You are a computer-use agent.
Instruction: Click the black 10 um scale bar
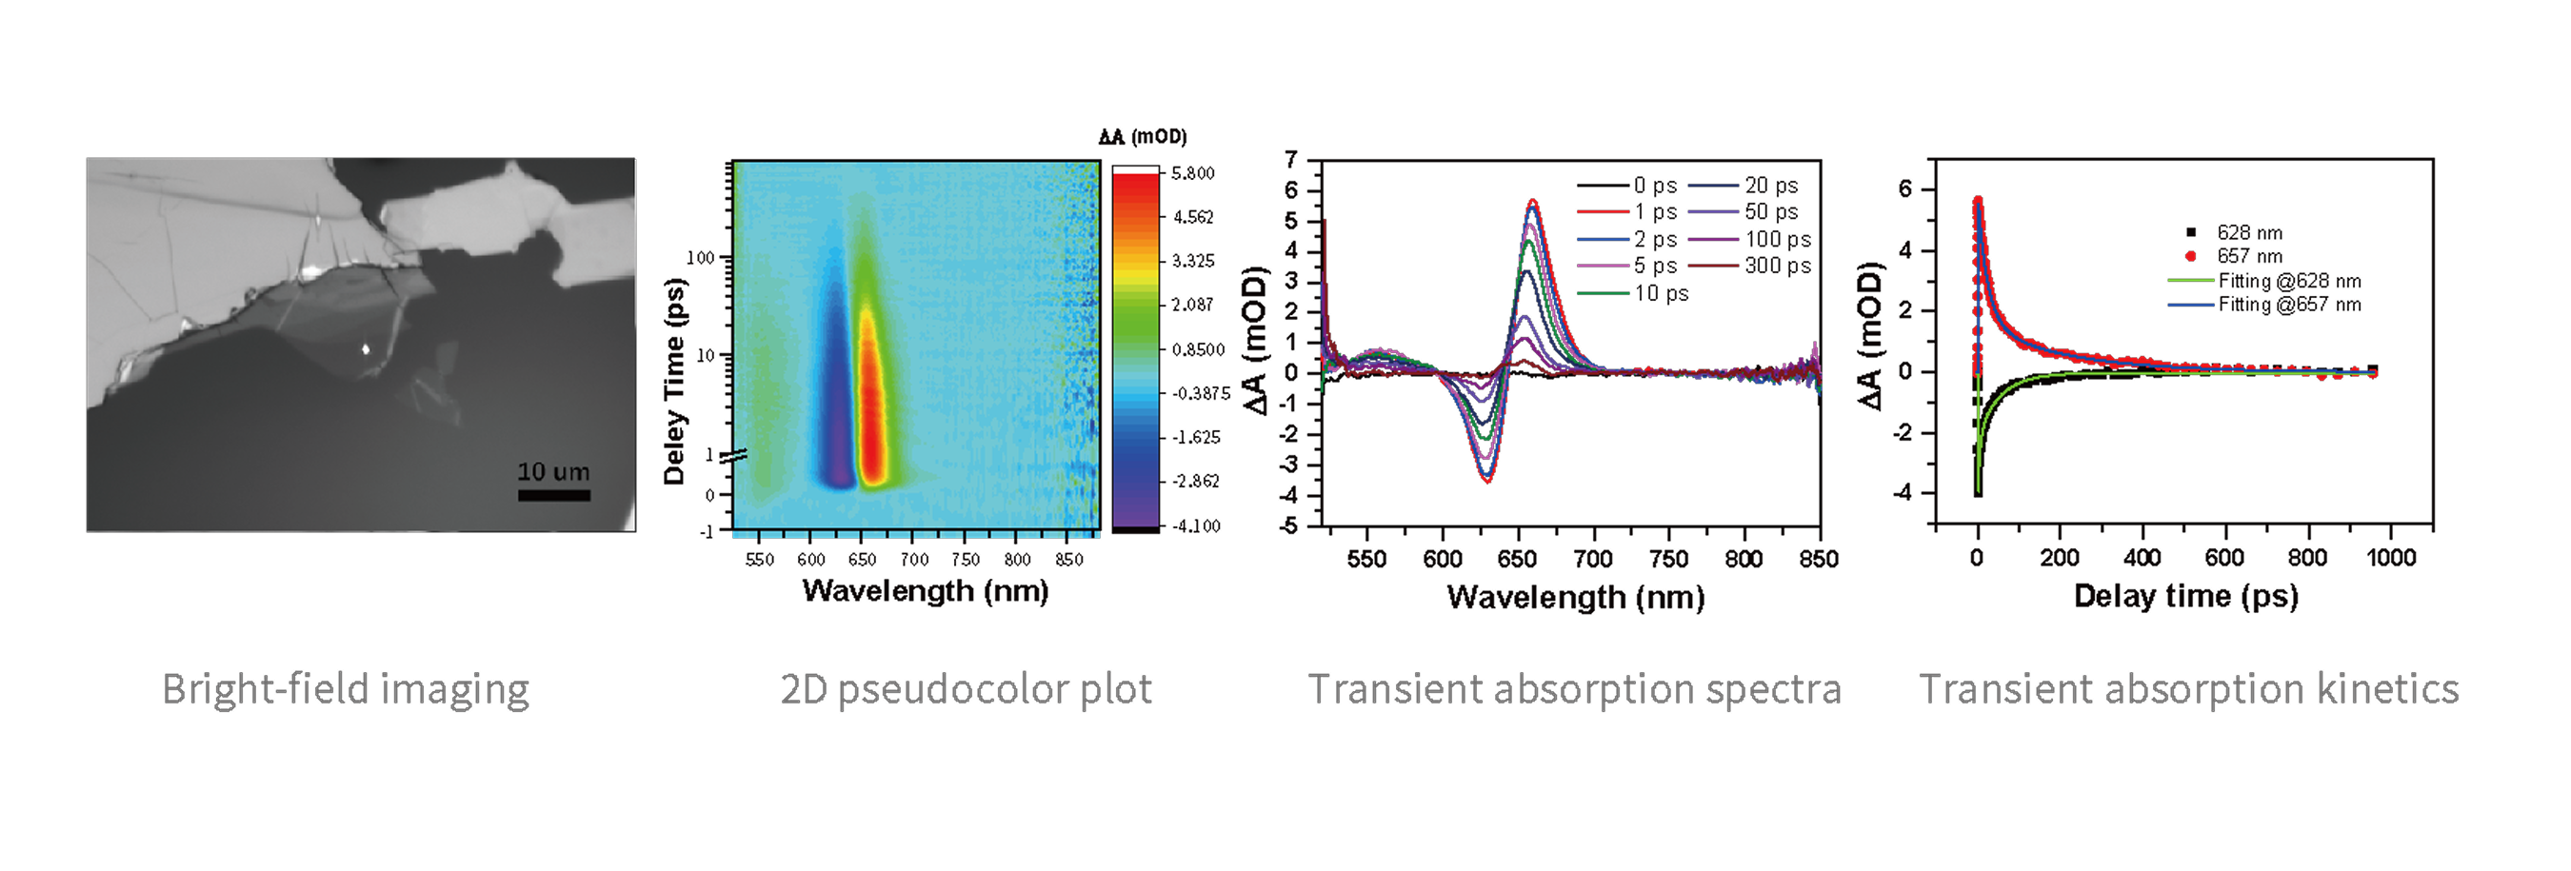pos(554,495)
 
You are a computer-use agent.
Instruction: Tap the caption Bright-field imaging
pos(346,689)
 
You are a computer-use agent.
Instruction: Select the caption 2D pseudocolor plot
pos(966,689)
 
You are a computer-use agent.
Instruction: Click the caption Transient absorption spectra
pos(1574,689)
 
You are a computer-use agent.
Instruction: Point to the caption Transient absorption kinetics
pos(2189,689)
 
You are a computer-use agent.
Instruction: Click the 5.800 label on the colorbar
pos(1193,173)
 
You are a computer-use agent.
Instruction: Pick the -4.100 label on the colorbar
pos(1196,525)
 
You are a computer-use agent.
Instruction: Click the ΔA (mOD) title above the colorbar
pos(1143,137)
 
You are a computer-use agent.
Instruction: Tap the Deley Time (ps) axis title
pos(675,382)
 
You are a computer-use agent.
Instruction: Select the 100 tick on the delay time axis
pos(701,257)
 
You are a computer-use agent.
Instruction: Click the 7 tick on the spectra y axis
pos(1291,160)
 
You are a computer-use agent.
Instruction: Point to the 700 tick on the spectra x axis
pos(1593,559)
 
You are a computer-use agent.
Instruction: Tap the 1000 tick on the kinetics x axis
pos(2391,558)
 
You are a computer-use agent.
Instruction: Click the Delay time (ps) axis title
pos(2185,597)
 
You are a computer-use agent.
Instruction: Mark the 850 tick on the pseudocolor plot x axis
pos(1069,560)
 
